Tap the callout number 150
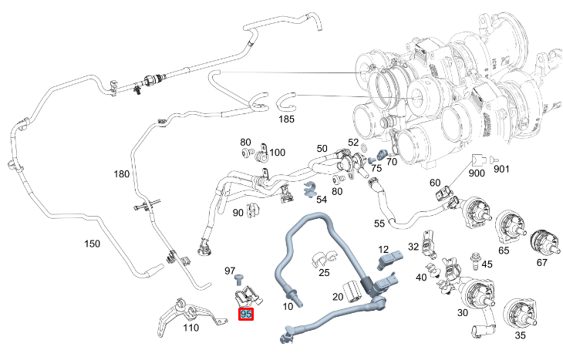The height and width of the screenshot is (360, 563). click(92, 244)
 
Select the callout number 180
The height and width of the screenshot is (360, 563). click(122, 174)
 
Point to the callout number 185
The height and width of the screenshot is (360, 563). click(286, 120)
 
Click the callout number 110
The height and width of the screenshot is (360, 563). click(190, 328)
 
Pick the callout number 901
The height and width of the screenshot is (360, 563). click(501, 169)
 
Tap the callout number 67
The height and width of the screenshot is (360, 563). click(541, 263)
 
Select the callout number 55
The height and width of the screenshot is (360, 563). click(379, 224)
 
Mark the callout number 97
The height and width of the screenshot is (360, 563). click(229, 271)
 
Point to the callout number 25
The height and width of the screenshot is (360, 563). click(324, 274)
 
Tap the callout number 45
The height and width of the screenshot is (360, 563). click(486, 265)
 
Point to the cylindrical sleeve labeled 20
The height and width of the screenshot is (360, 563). click(354, 291)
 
